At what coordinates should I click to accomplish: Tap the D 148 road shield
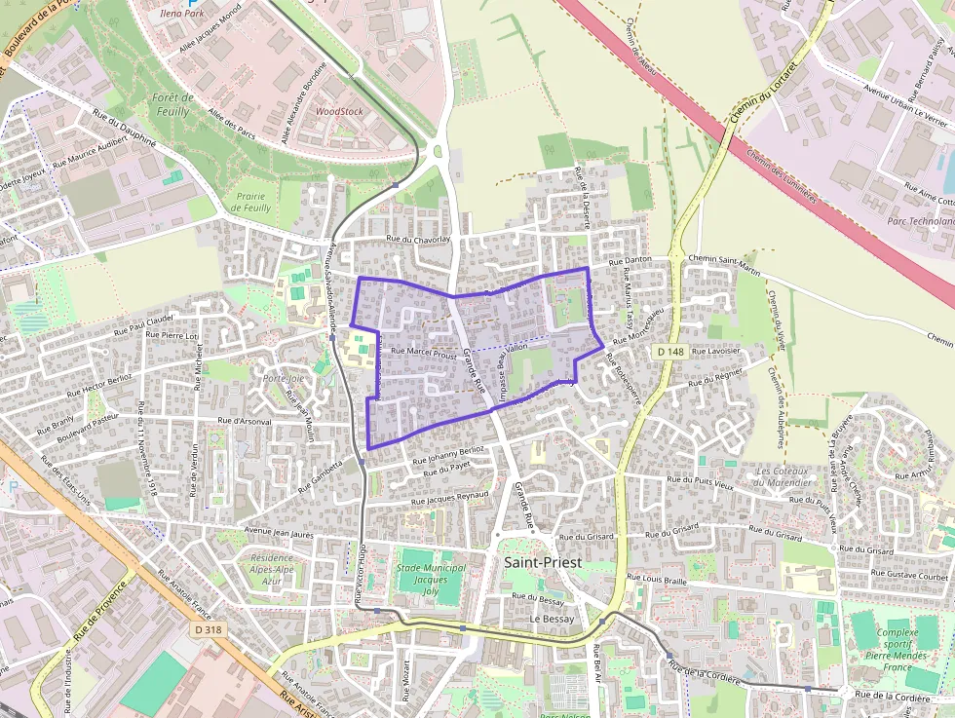pyautogui.click(x=671, y=351)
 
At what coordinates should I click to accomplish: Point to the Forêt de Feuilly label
pyautogui.click(x=172, y=104)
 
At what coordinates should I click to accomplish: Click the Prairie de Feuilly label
pyautogui.click(x=252, y=202)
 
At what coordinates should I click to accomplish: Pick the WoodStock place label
pyautogui.click(x=339, y=111)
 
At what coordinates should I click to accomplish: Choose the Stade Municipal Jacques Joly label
pyautogui.click(x=430, y=580)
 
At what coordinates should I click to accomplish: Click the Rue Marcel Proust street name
pyautogui.click(x=423, y=355)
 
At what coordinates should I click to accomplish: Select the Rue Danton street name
pyautogui.click(x=630, y=261)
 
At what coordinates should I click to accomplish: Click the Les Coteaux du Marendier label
pyautogui.click(x=783, y=477)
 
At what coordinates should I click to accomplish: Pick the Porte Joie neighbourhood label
pyautogui.click(x=283, y=378)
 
